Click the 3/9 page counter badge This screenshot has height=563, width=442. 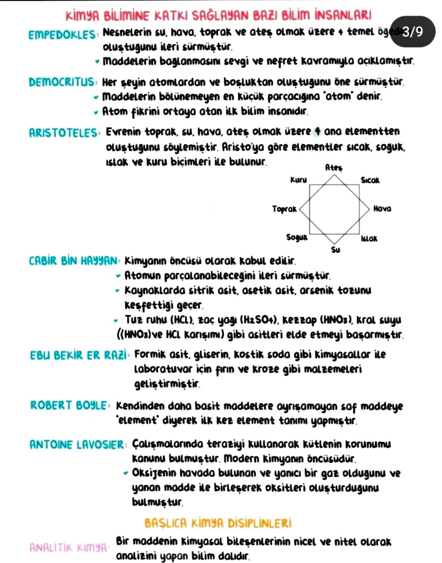[x=413, y=32]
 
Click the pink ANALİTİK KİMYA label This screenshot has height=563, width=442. [x=68, y=547]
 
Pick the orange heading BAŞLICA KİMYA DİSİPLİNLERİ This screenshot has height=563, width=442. [x=218, y=523]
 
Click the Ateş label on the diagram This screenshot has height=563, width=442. [x=334, y=168]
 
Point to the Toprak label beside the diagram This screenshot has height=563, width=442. [x=284, y=209]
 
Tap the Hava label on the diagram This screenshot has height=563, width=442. [x=382, y=209]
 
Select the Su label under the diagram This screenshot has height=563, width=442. [x=335, y=250]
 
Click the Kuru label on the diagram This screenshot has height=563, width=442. [x=298, y=180]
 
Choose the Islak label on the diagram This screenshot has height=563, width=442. [x=369, y=238]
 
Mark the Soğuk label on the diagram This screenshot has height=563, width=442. [x=297, y=237]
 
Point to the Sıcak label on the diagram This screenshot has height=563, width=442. [x=370, y=180]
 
